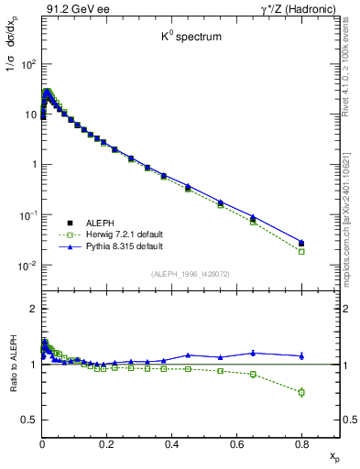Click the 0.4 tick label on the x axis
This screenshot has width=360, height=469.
[171, 443]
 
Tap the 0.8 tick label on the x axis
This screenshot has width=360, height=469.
[301, 443]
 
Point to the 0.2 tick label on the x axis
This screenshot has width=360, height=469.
[106, 443]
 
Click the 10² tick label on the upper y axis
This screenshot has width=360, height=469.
[28, 64]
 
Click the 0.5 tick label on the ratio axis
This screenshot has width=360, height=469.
[28, 420]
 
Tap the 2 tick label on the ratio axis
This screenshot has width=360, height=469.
[33, 309]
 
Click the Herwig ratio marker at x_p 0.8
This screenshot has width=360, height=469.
[301, 392]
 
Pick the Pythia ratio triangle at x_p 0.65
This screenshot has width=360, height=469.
[253, 353]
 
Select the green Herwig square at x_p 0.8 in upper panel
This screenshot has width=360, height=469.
[301, 251]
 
